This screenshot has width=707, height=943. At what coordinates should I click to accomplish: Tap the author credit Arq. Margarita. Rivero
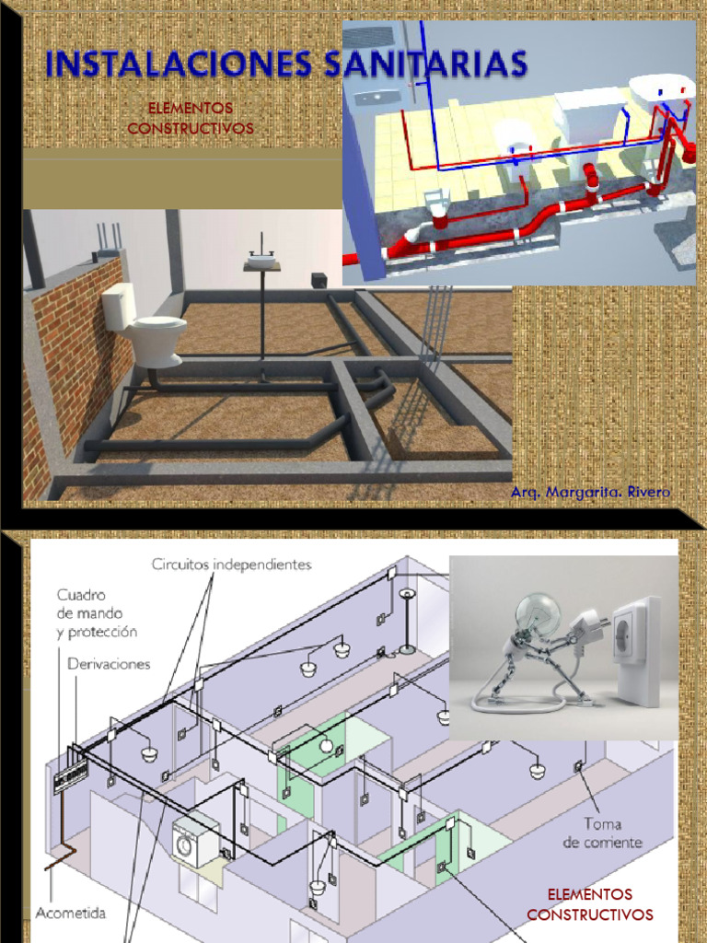pos(591,493)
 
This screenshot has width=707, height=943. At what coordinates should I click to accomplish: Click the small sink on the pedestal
pos(261,261)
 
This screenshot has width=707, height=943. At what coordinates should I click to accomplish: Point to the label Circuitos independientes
pos(231,563)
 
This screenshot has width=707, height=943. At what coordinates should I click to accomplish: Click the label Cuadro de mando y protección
pos(97,613)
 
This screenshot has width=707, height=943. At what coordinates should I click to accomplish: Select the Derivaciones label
pos(109,663)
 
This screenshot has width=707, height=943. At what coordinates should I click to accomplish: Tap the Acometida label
pos(71,914)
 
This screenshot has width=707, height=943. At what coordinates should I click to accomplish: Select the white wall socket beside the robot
pos(636,650)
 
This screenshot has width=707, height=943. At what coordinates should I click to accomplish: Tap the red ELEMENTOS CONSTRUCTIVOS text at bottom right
pos(589,904)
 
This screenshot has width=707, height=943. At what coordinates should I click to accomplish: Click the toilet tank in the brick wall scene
pos(120,306)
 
